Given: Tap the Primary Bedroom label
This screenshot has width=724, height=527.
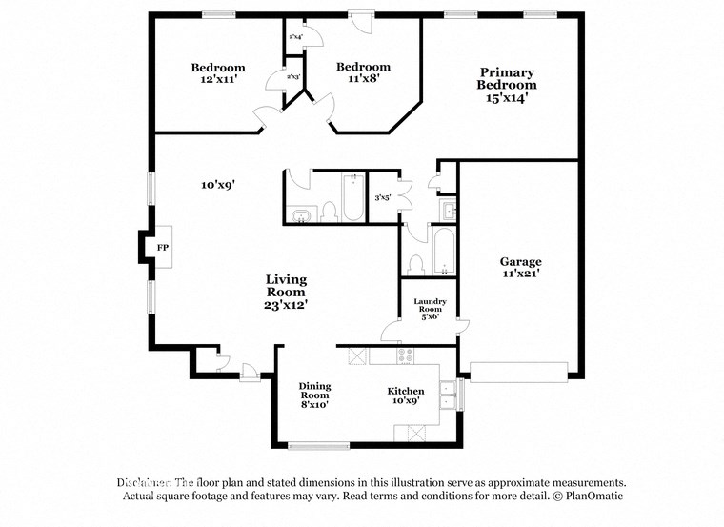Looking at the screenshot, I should pyautogui.click(x=506, y=85).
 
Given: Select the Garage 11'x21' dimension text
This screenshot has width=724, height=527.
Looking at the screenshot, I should pyautogui.click(x=521, y=274).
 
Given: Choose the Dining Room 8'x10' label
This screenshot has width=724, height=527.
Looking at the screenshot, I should pyautogui.click(x=314, y=395).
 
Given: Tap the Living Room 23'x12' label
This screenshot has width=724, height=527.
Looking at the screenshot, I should pyautogui.click(x=286, y=292).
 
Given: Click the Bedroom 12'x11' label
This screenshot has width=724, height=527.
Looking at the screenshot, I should pyautogui.click(x=217, y=74).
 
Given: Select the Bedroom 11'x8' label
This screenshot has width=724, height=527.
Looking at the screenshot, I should pyautogui.click(x=363, y=73).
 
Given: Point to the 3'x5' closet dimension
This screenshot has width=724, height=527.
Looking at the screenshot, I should pyautogui.click(x=383, y=198).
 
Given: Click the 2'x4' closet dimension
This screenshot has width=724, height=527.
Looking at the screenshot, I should pyautogui.click(x=295, y=37).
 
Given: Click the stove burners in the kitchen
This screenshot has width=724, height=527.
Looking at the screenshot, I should pyautogui.click(x=405, y=356).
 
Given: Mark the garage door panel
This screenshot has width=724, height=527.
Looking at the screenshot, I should pyautogui.click(x=519, y=372).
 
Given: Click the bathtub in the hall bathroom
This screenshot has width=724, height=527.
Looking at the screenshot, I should pyautogui.click(x=352, y=197).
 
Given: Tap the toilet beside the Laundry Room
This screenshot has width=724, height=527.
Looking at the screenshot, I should pyautogui.click(x=415, y=262).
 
